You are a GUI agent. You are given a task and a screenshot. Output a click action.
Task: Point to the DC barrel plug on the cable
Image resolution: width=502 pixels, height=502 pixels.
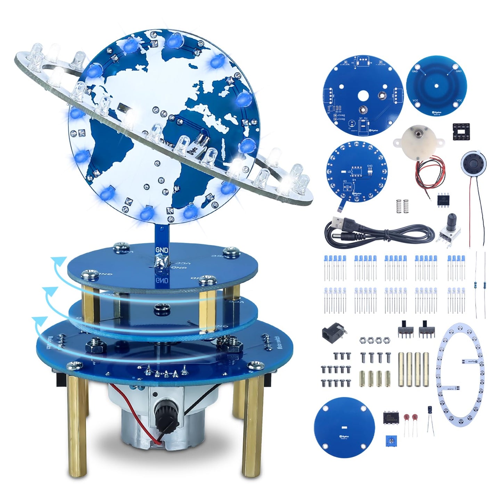348,238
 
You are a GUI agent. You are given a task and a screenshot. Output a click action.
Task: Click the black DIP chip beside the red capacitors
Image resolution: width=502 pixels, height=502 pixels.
392,417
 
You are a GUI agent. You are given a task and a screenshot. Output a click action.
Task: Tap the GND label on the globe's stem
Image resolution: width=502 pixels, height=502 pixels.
162,250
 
